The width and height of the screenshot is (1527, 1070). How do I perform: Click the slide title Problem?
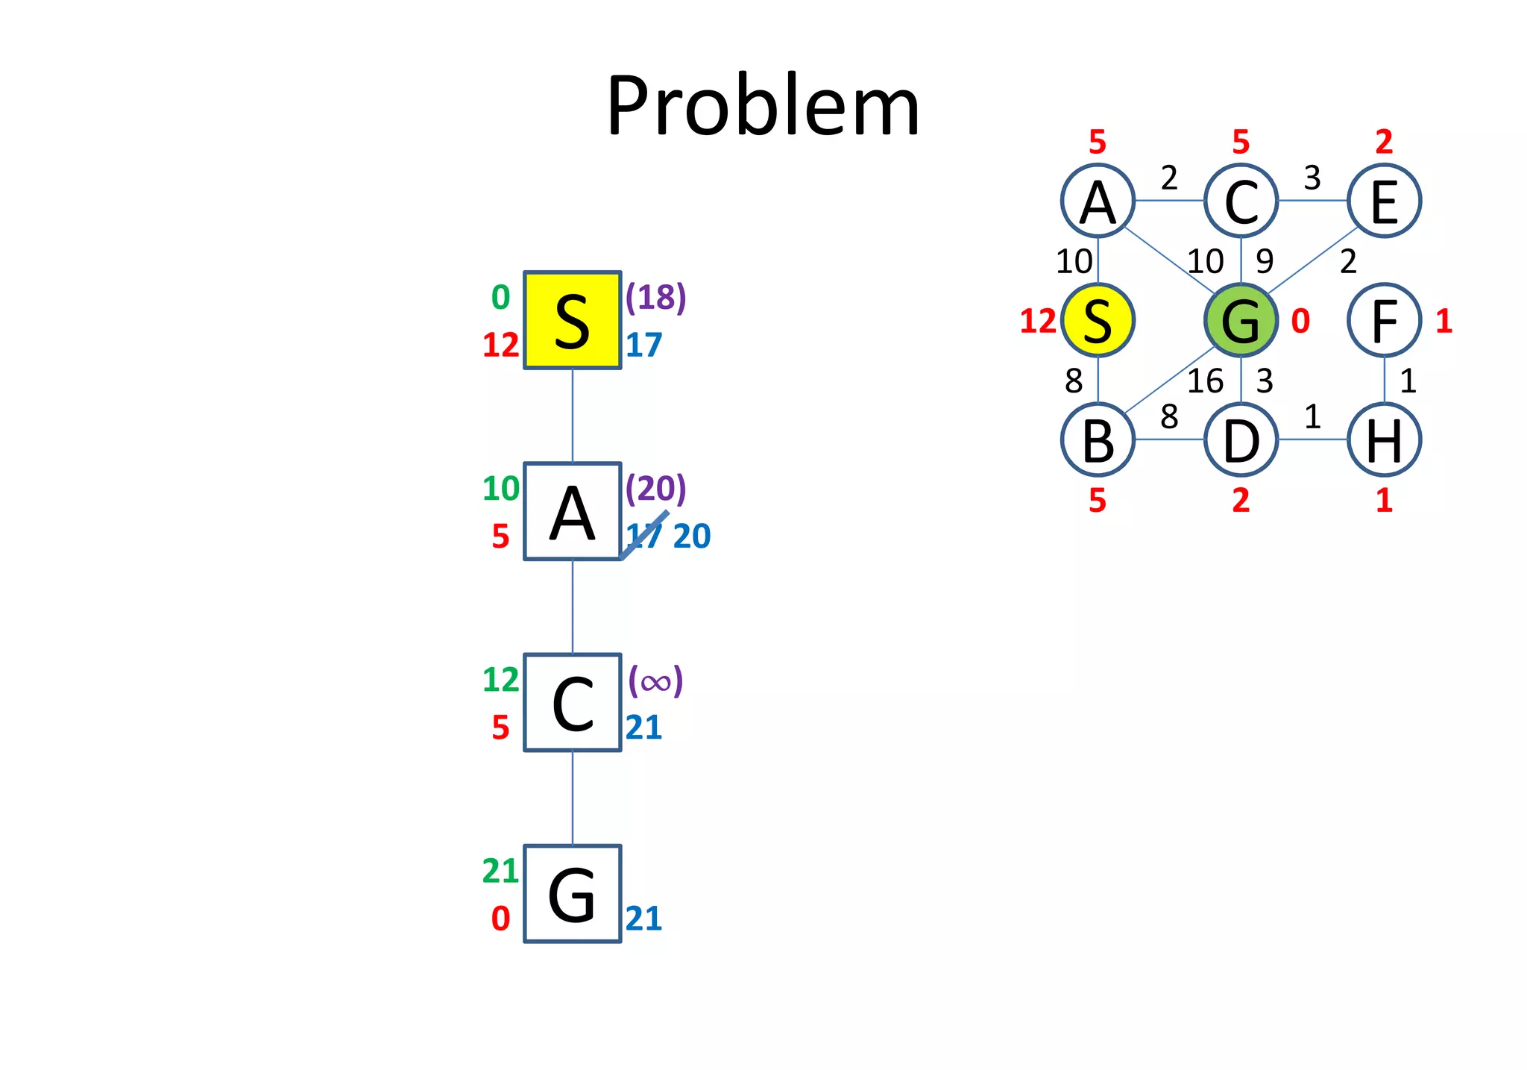point(763,106)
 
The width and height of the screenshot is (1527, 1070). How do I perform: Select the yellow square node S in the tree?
point(572,320)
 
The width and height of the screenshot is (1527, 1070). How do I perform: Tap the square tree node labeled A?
point(572,511)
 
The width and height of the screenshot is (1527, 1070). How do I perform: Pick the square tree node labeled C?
point(572,702)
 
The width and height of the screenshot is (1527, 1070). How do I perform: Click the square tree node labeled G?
point(572,893)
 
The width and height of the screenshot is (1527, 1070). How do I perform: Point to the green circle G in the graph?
point(1241,320)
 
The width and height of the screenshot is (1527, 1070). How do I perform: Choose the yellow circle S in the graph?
point(1098,320)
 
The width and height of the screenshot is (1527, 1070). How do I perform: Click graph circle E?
point(1384,201)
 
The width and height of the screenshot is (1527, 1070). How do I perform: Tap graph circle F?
point(1384,320)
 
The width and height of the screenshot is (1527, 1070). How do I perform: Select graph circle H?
point(1384,439)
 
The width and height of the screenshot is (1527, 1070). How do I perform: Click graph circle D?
point(1241,439)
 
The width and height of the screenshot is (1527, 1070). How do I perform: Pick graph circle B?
point(1098,439)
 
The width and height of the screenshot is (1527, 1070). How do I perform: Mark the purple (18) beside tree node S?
point(655,297)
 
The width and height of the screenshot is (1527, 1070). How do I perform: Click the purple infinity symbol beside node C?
point(655,681)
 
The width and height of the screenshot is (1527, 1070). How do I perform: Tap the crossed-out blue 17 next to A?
point(644,536)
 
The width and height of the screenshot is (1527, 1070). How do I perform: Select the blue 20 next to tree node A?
point(692,536)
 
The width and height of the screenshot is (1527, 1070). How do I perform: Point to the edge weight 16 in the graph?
point(1205,381)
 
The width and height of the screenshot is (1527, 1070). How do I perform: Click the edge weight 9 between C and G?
point(1265,261)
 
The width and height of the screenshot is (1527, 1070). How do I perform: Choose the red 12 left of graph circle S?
point(1038,321)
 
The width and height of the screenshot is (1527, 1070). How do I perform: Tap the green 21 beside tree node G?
point(500,871)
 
